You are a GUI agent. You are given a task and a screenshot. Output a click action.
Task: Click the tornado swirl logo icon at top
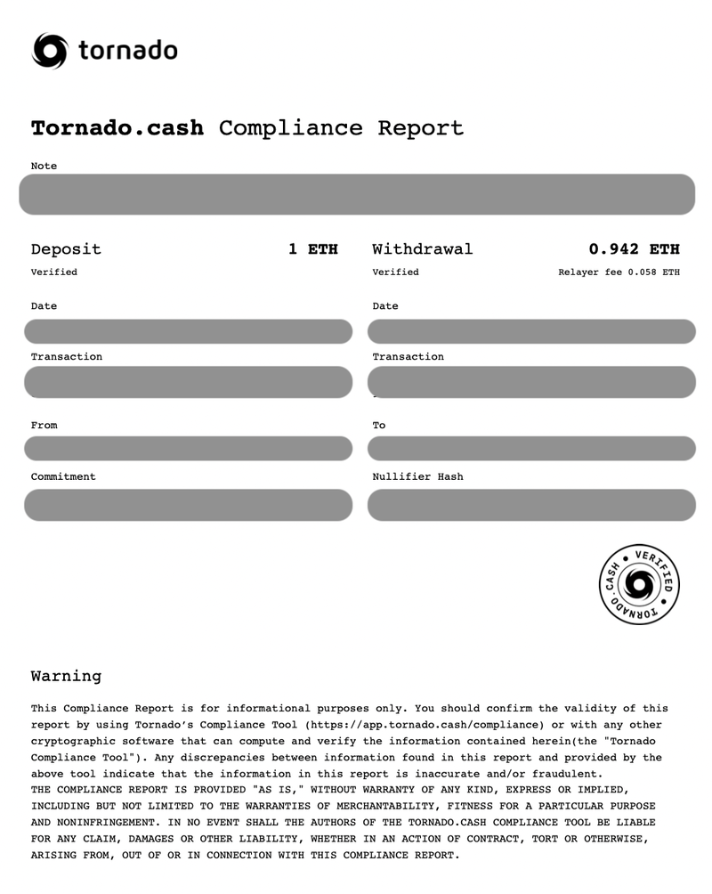(x=49, y=51)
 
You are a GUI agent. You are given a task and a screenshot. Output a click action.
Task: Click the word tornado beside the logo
(x=127, y=51)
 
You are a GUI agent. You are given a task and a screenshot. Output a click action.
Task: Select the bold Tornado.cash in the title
(x=117, y=128)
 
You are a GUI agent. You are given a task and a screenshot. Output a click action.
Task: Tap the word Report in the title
(x=420, y=128)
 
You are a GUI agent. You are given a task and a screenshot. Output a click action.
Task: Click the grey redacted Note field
(x=356, y=194)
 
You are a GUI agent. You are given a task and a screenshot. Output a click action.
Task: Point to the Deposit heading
(x=66, y=249)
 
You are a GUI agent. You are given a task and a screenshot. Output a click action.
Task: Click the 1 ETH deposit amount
(x=312, y=249)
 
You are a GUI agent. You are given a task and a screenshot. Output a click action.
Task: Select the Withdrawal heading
(x=422, y=249)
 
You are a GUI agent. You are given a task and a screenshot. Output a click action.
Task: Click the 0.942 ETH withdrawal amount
(x=634, y=249)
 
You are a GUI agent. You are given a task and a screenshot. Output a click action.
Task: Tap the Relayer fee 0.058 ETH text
(x=619, y=272)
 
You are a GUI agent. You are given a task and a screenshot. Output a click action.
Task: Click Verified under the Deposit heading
(x=53, y=272)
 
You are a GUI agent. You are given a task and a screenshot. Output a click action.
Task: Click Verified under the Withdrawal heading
(x=395, y=272)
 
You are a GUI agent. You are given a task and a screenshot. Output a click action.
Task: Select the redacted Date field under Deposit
(x=188, y=331)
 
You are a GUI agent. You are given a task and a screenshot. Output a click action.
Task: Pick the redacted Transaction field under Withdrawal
(x=531, y=382)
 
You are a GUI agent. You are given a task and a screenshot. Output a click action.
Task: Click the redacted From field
(x=188, y=449)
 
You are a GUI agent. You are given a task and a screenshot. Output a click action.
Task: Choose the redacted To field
(x=531, y=449)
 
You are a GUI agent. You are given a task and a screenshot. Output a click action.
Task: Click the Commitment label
(x=63, y=477)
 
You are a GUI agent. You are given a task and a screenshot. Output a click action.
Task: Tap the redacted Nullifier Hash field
(x=531, y=505)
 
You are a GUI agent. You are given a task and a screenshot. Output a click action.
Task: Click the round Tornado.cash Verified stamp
(x=638, y=584)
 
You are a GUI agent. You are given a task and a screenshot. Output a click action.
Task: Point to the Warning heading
(x=66, y=676)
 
